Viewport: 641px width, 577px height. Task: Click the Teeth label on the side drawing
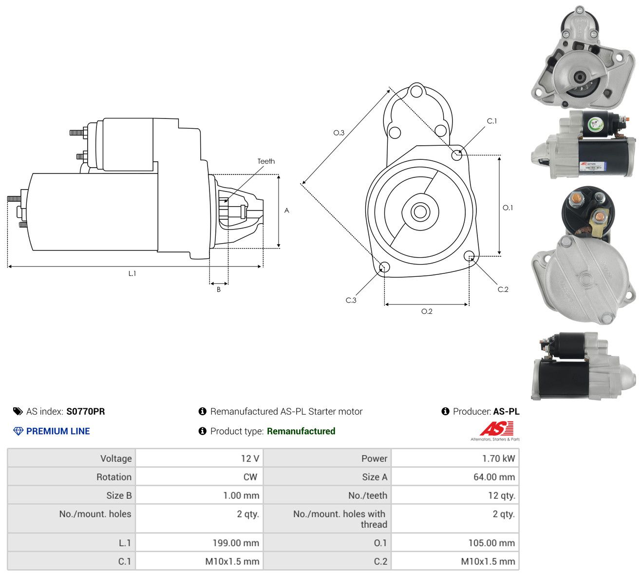pos(266,161)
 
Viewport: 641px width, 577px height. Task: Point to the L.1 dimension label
pos(132,273)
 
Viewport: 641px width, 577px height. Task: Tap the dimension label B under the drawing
pos(219,289)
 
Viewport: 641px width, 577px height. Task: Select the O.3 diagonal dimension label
pos(339,133)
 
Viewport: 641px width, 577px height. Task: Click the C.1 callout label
pos(492,121)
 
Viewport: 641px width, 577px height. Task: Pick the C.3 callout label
pos(351,300)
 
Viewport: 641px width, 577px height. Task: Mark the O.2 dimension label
pos(427,311)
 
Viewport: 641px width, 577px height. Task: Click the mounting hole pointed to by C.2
pos(469,255)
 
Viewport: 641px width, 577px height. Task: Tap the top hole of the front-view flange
pos(416,91)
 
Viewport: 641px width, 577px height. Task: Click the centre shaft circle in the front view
pos(420,212)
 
